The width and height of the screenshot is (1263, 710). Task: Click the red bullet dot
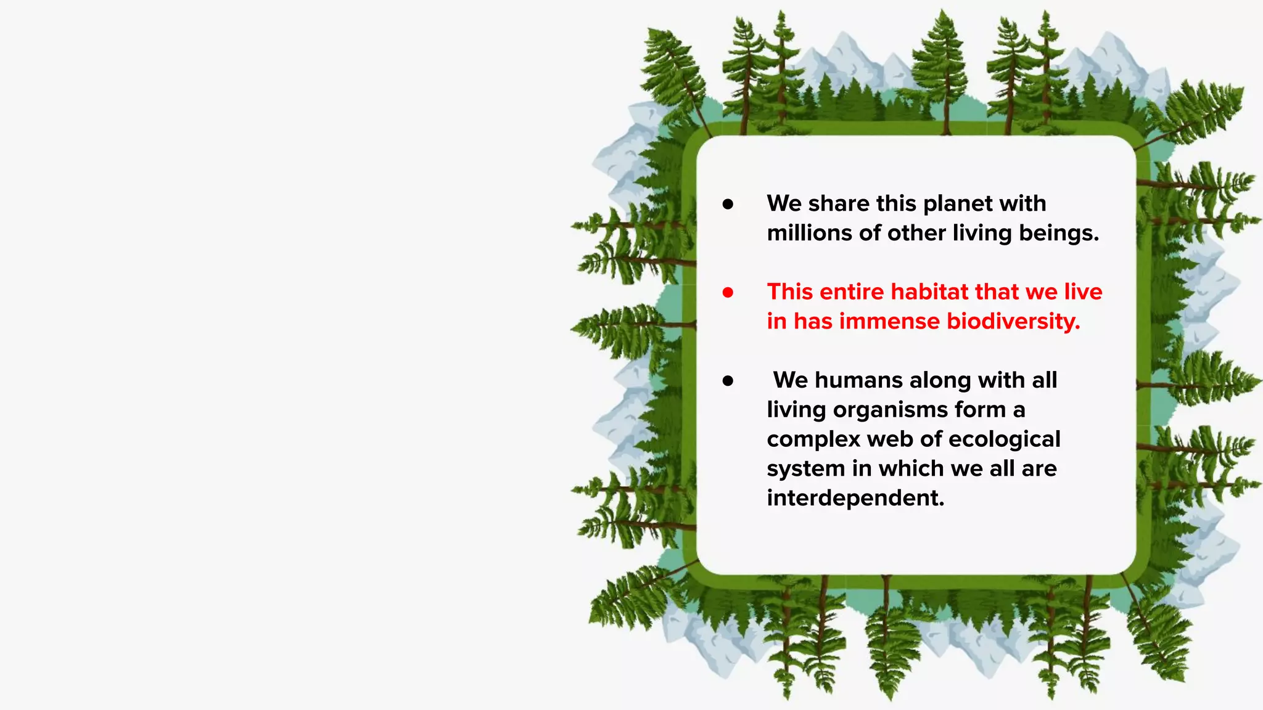[728, 292]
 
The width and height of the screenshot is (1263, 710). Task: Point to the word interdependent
[855, 498]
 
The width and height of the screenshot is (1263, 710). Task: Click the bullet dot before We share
[728, 204]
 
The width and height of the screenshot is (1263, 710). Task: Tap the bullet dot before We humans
[728, 381]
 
